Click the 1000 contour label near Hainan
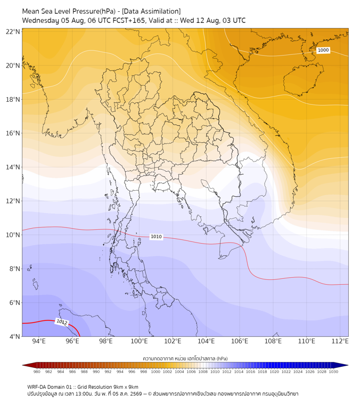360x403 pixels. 323,50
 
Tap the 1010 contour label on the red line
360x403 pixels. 156,237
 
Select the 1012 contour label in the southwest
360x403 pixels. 62,322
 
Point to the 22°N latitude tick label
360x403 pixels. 13,31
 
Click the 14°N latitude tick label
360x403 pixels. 13,167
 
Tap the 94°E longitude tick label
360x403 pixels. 39,341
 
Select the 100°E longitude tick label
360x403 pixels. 140,341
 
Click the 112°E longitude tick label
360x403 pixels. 340,341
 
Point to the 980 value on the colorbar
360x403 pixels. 37,372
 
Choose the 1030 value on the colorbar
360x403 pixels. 333,372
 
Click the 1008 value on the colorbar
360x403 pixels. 203,372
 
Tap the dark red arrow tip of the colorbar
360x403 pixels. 23,365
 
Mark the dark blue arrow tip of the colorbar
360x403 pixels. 347,365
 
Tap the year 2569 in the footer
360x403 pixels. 136,394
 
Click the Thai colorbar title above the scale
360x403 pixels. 185,358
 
